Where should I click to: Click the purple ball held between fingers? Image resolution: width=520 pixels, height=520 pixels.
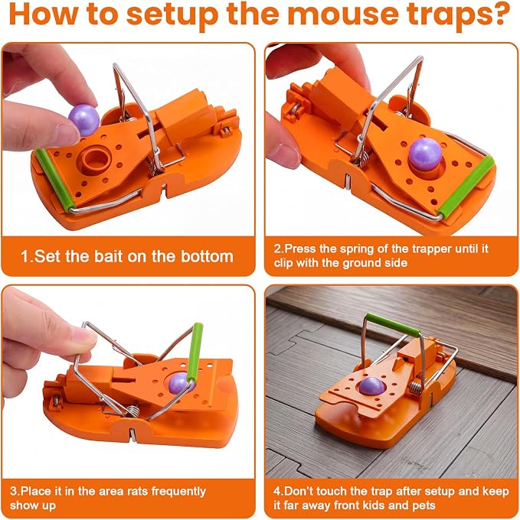84,120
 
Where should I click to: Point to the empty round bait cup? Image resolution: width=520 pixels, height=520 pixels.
96,159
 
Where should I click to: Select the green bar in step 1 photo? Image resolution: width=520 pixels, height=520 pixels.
53,179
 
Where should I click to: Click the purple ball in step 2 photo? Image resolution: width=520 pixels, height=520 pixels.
425,153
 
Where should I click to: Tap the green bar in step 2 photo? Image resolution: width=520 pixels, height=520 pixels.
466,187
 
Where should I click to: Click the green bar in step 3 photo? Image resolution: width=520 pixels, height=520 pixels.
195,352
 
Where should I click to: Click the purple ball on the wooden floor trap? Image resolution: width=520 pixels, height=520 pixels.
372,386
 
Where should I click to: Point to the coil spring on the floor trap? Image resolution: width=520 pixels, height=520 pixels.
416,388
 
